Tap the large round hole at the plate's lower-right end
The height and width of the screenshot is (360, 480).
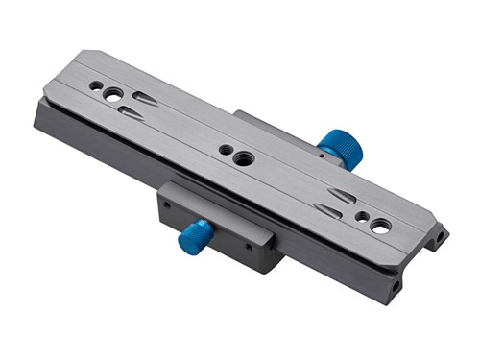click(381, 227)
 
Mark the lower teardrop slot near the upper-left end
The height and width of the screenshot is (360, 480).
click(132, 113)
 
